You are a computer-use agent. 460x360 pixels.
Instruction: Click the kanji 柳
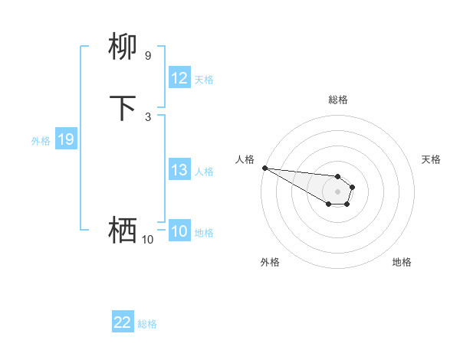pyautogui.click(x=123, y=47)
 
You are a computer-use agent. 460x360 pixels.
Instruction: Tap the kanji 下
pyautogui.click(x=123, y=108)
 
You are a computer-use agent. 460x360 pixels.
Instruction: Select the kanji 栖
pyautogui.click(x=123, y=229)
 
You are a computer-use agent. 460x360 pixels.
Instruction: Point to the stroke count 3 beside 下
pyautogui.click(x=147, y=116)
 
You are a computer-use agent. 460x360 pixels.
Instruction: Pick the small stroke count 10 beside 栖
pyautogui.click(x=147, y=240)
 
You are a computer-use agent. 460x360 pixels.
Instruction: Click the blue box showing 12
pyautogui.click(x=179, y=78)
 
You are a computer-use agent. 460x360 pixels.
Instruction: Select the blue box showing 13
pyautogui.click(x=179, y=171)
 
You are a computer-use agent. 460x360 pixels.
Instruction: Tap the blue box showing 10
pyautogui.click(x=179, y=231)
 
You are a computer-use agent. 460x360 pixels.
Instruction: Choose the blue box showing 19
pyautogui.click(x=66, y=139)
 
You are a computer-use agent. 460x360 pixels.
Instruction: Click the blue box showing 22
pyautogui.click(x=123, y=323)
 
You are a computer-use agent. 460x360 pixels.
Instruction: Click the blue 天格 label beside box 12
pyautogui.click(x=204, y=80)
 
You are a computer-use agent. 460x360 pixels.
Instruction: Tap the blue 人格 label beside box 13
pyautogui.click(x=204, y=172)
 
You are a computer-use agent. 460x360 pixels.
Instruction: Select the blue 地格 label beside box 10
pyautogui.click(x=204, y=233)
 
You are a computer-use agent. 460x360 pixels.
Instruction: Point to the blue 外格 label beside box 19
pyautogui.click(x=41, y=141)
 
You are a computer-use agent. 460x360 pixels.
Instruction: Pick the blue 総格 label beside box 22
pyautogui.click(x=147, y=324)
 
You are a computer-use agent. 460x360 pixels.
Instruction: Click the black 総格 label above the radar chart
pyautogui.click(x=337, y=100)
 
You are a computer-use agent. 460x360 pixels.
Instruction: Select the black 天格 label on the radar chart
pyautogui.click(x=431, y=159)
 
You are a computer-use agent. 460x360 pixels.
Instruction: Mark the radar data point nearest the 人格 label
pyautogui.click(x=264, y=168)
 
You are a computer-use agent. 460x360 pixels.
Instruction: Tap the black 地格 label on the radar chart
pyautogui.click(x=402, y=262)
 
